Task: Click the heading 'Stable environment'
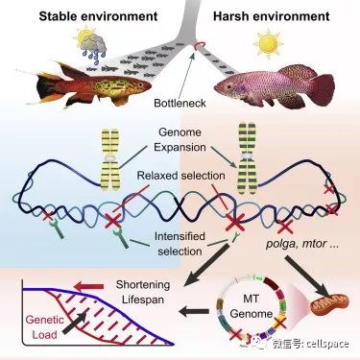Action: [98, 16]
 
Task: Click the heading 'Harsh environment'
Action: [272, 16]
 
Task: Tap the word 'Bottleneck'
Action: [180, 103]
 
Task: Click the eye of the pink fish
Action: [228, 86]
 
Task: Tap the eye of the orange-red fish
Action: [141, 84]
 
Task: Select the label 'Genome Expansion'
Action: [180, 139]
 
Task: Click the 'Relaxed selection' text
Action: [180, 176]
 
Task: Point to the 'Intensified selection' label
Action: [180, 244]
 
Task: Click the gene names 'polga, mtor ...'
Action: [302, 244]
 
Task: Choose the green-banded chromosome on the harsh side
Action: [248, 158]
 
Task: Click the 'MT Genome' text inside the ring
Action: [251, 306]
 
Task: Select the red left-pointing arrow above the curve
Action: [88, 286]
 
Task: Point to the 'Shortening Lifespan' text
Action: [143, 292]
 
